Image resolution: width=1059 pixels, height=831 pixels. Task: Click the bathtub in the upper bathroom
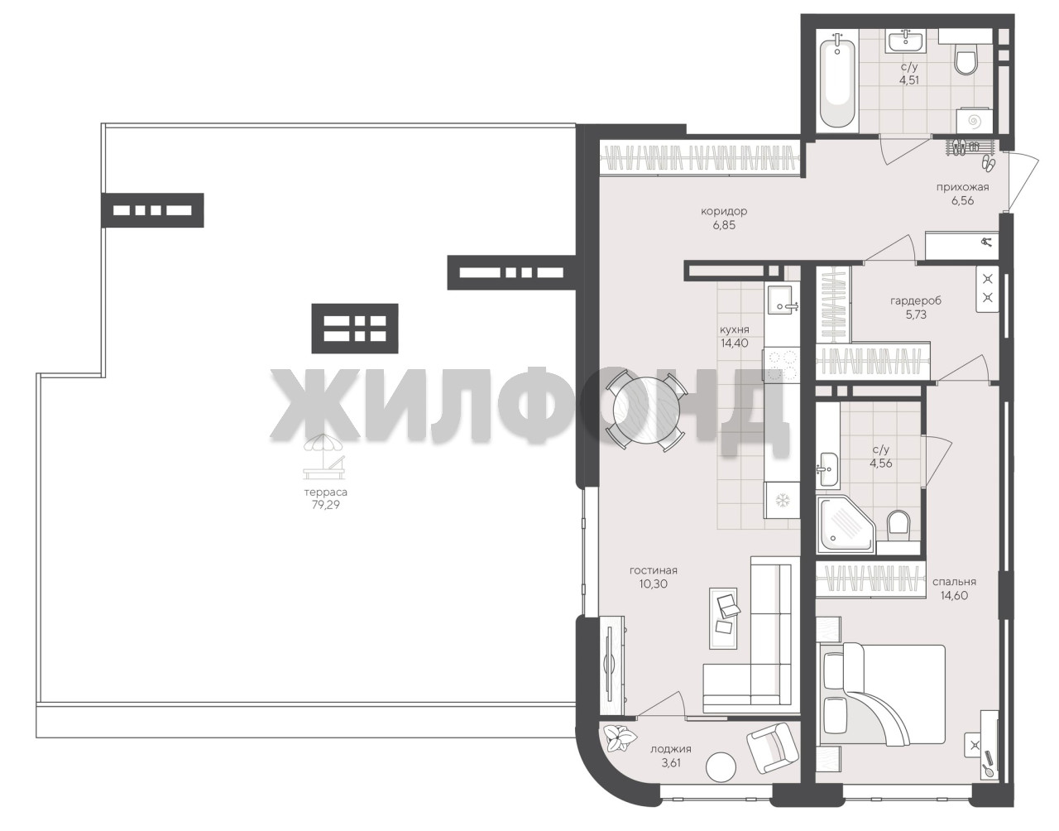[x=836, y=80]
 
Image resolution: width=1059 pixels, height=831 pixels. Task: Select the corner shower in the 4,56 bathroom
[x=845, y=525]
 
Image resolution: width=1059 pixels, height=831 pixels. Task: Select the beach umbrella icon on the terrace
[x=324, y=456]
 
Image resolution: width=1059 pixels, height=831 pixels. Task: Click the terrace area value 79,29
[x=325, y=505]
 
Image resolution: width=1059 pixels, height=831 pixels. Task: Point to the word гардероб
[x=916, y=300]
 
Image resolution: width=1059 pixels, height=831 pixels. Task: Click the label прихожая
[x=962, y=187]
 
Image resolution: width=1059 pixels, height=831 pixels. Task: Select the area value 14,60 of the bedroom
[x=954, y=595]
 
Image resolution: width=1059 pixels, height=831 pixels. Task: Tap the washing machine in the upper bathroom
[x=973, y=120]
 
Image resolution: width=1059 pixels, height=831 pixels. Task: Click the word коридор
[x=724, y=212]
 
